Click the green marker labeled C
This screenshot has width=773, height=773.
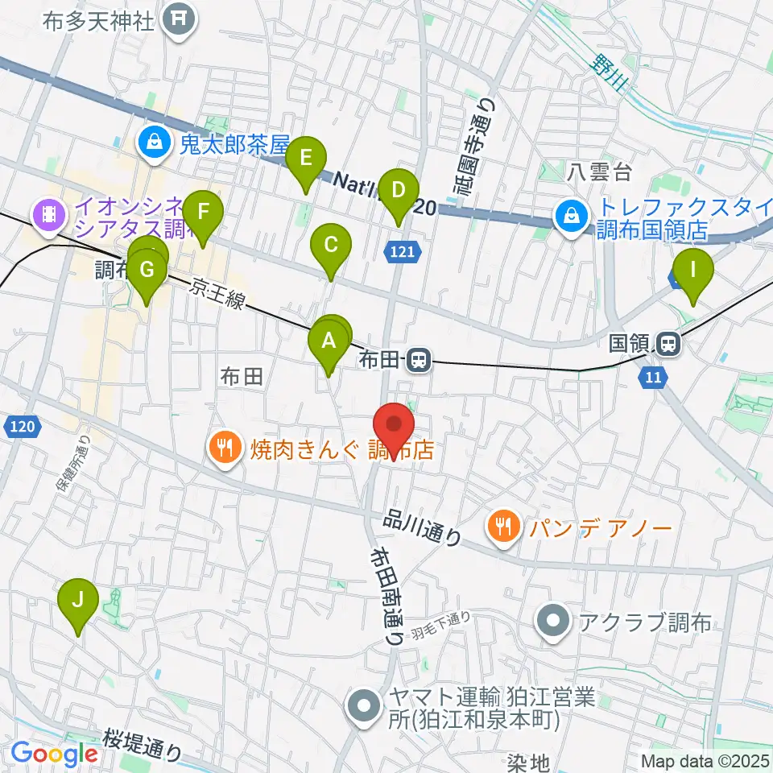330,246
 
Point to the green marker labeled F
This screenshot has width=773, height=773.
203,215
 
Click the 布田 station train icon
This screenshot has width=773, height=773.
417,359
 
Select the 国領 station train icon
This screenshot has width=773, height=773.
668,345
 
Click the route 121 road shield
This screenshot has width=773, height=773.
403,252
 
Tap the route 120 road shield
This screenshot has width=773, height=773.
23,426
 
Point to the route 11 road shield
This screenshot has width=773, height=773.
651,375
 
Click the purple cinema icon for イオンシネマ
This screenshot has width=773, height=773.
48,215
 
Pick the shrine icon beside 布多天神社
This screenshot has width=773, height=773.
179,18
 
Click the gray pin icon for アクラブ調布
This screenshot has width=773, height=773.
554,622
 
